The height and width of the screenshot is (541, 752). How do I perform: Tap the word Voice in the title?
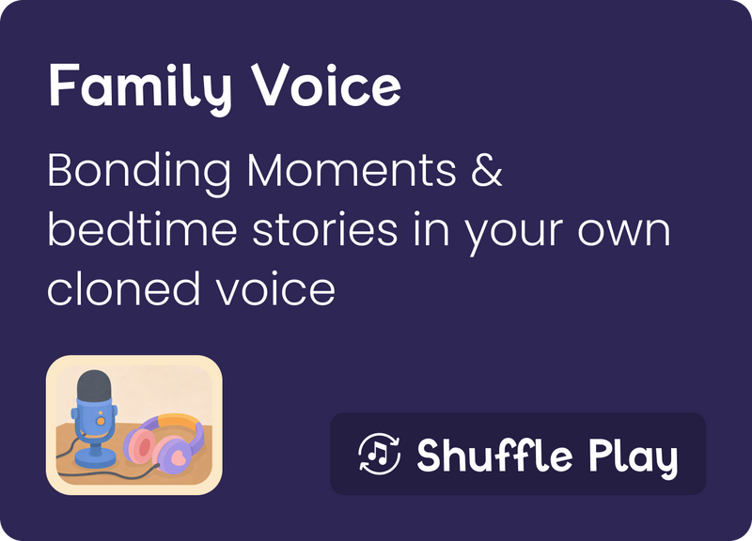click(326, 85)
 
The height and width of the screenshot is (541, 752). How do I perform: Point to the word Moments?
click(352, 170)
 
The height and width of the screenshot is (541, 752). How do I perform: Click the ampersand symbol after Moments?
click(486, 170)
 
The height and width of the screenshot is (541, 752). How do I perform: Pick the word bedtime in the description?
click(143, 229)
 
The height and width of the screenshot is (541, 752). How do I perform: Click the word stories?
click(324, 229)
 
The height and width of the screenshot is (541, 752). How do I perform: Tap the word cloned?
click(123, 288)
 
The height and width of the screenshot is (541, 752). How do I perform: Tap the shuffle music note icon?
click(379, 454)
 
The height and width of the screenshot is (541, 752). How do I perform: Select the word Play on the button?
click(634, 456)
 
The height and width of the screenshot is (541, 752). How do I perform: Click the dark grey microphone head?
click(95, 385)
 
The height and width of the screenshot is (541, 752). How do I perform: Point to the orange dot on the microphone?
click(101, 420)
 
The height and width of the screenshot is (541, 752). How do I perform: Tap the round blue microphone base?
click(96, 460)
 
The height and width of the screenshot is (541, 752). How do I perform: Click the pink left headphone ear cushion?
click(137, 445)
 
